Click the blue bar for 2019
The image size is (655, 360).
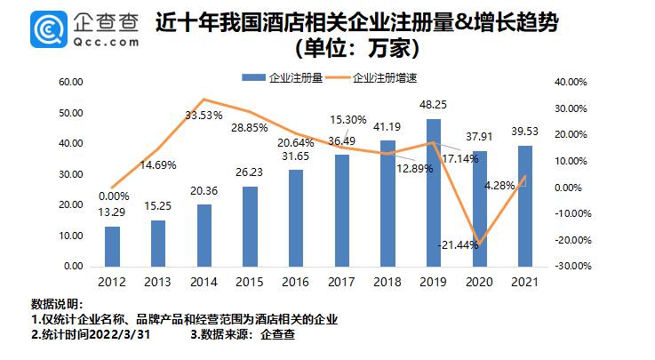[433, 192]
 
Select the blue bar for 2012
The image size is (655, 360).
[112, 245]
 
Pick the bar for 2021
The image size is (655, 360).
[524, 205]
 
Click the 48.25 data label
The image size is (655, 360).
[433, 105]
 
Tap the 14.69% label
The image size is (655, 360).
[158, 164]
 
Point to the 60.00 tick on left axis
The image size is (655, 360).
[70, 82]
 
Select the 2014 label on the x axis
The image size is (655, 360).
[204, 283]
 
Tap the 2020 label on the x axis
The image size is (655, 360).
[478, 283]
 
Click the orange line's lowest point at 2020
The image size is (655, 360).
[480, 242]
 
